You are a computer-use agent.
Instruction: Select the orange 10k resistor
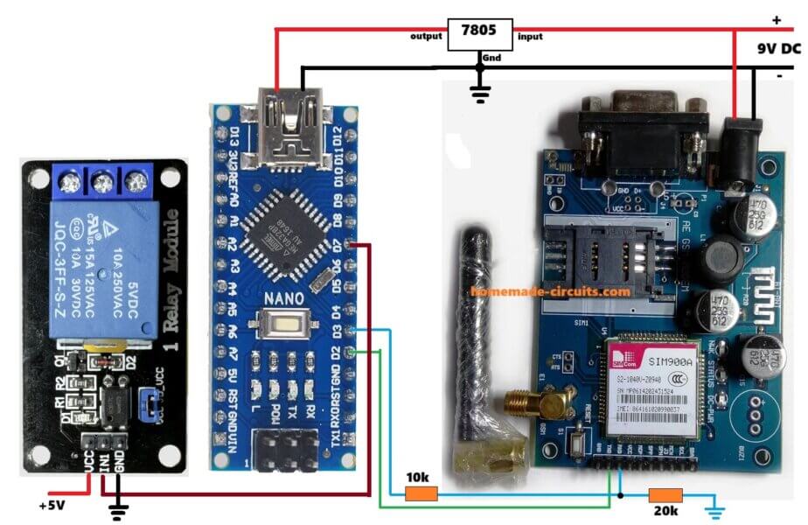click(x=421, y=494)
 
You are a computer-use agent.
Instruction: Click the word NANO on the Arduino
click(x=282, y=298)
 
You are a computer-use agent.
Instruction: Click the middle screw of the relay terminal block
click(x=101, y=182)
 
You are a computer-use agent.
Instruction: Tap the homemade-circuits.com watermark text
click(x=550, y=291)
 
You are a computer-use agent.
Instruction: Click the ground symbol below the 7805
click(x=479, y=92)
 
